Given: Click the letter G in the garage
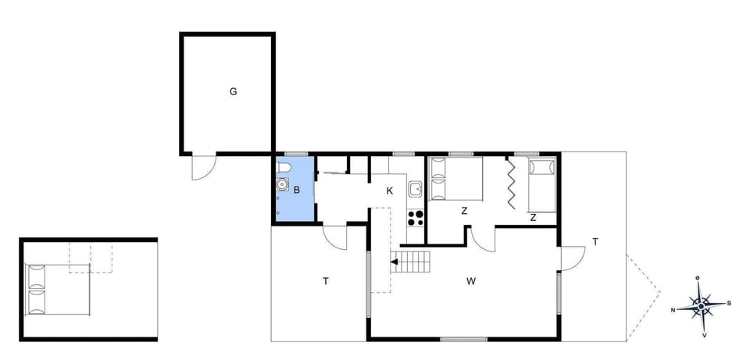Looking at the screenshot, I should pos(233,91).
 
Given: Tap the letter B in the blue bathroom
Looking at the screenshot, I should pos(296,188).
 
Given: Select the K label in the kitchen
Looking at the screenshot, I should pos(389,191).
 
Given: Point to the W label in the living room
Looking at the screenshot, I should pos(472,280).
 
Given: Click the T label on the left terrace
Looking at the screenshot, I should pos(325,281).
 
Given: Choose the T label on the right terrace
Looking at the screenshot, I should pos(595,242).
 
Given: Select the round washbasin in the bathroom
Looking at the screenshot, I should pos(281,185).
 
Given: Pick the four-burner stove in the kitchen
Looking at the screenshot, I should pos(416,217).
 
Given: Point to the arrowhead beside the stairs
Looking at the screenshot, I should pos(395,263).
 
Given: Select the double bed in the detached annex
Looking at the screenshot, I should pos(57,289).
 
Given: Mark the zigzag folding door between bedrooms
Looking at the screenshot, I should pos(511,184).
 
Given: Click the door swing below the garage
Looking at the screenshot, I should pos(202,167).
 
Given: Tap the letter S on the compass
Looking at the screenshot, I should pos(729,304).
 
